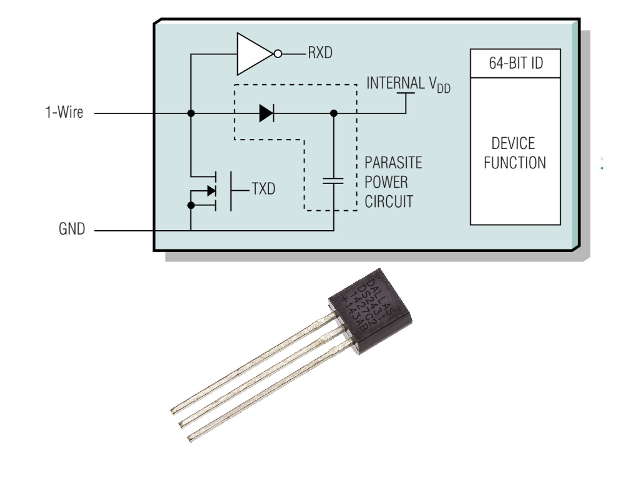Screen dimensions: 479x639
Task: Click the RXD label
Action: click(319, 54)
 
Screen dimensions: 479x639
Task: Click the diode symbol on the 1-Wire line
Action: click(266, 114)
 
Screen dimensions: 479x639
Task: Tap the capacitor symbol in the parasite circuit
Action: click(334, 180)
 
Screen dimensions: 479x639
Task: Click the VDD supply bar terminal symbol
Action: click(406, 95)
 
